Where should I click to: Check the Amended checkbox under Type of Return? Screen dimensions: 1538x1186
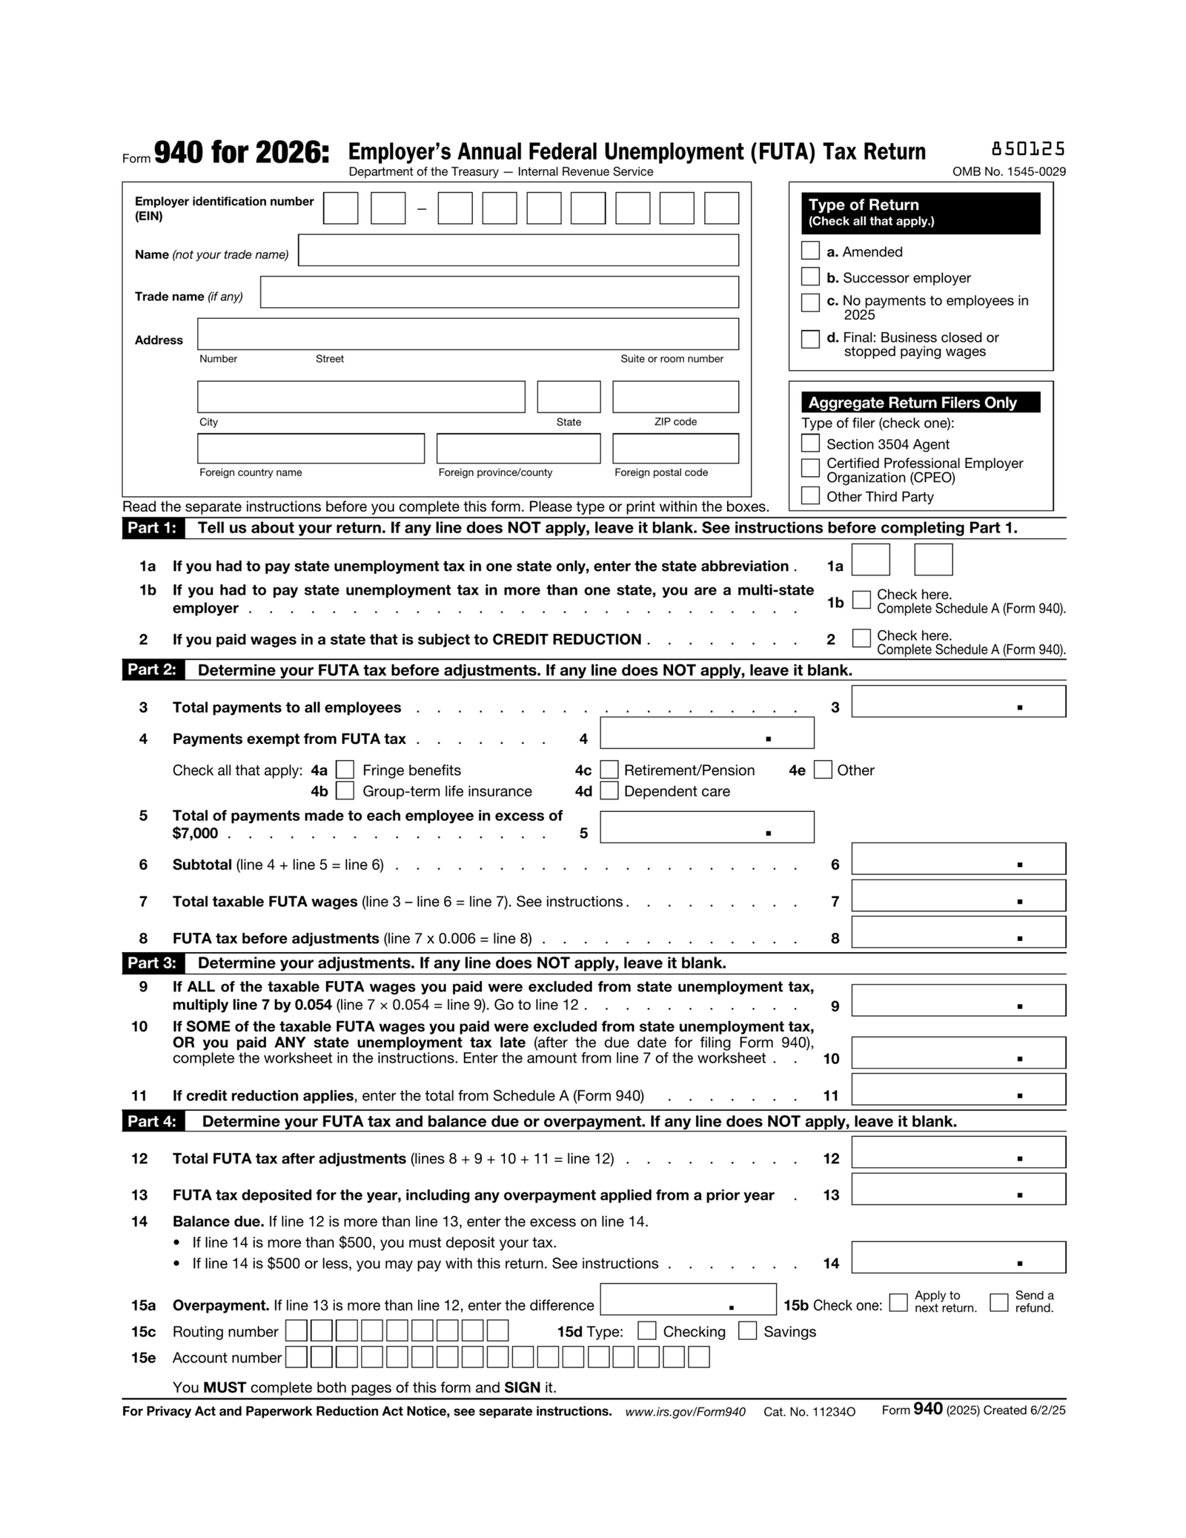click(x=810, y=251)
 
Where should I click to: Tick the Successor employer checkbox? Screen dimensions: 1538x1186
click(x=810, y=277)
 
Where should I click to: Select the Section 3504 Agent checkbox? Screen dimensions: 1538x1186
click(x=810, y=443)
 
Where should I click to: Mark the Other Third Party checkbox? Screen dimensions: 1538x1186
click(x=810, y=495)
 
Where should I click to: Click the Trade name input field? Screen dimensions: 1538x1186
click(x=499, y=292)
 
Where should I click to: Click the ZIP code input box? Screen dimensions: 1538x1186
click(x=675, y=397)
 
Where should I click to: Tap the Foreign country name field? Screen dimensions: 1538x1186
click(x=311, y=449)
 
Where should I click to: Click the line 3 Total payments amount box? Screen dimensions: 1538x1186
click(x=958, y=702)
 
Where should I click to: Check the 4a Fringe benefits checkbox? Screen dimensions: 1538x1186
click(x=345, y=770)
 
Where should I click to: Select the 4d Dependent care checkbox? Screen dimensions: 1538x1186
click(x=609, y=791)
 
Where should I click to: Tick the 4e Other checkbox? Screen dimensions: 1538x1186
click(x=822, y=770)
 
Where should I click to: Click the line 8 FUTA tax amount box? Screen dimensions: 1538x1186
click(x=958, y=932)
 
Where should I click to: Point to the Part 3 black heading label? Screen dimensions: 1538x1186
click(x=152, y=963)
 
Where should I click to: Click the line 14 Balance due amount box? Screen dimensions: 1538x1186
click(x=958, y=1257)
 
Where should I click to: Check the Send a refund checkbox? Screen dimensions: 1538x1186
click(x=998, y=1302)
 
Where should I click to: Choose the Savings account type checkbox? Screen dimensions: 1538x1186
click(x=747, y=1330)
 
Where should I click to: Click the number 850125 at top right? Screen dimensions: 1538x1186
click(x=1027, y=149)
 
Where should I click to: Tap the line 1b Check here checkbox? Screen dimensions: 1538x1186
click(x=861, y=600)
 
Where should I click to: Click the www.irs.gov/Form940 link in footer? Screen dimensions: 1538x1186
click(x=685, y=1412)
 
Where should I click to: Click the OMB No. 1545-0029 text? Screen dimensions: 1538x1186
click(x=1009, y=172)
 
